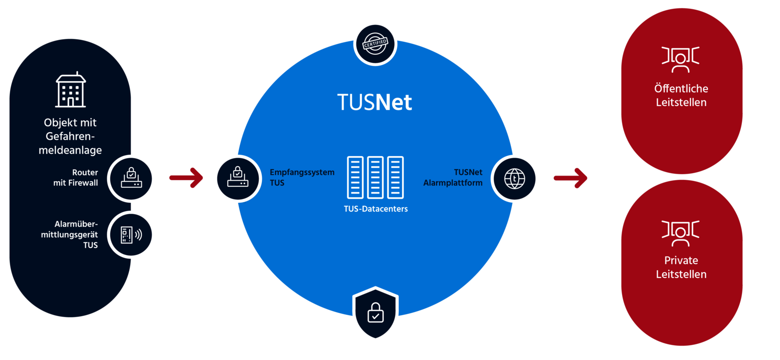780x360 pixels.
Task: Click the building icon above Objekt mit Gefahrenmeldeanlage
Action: tap(71, 90)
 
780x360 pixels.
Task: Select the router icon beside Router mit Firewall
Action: tap(131, 179)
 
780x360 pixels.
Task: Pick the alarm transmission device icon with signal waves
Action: tap(131, 235)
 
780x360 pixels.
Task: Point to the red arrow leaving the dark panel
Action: tap(186, 178)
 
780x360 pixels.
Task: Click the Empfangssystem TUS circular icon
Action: tap(237, 179)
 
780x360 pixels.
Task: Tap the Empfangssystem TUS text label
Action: tap(302, 178)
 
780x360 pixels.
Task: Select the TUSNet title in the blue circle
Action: tap(374, 102)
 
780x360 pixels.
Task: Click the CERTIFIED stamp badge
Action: tap(375, 43)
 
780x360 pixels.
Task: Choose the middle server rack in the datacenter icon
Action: tap(375, 178)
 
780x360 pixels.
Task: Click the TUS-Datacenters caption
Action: tap(375, 209)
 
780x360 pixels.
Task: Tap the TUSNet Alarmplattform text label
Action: tap(453, 178)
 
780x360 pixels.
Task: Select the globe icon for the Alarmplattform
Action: tap(515, 179)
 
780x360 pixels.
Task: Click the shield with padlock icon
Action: tap(375, 313)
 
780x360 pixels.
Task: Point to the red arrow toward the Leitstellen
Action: tap(570, 178)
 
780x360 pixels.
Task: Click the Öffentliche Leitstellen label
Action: tap(681, 96)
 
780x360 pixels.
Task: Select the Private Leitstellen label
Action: tap(681, 267)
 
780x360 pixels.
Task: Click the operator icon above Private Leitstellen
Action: tap(681, 233)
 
